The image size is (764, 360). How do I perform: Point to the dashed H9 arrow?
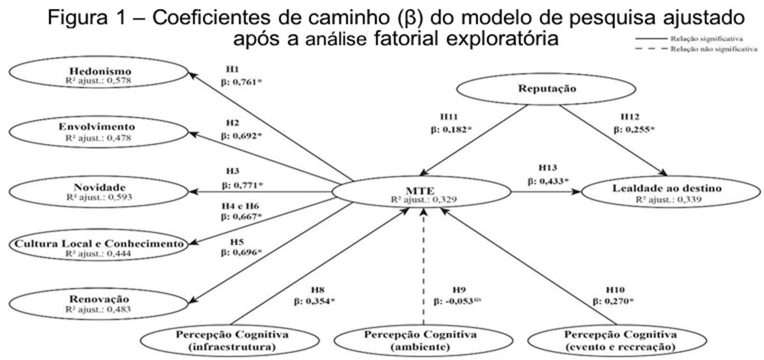pos(424,269)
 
